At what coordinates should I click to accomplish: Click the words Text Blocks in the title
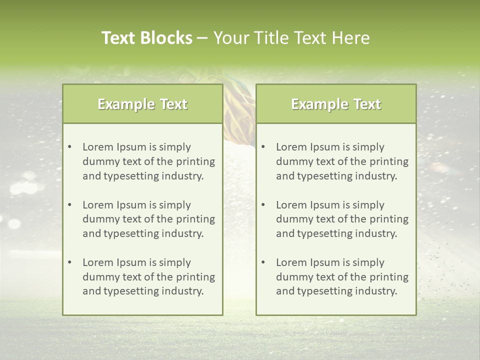tap(146, 38)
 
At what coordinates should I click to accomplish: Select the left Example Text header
tap(142, 104)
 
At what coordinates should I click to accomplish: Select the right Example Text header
tap(336, 104)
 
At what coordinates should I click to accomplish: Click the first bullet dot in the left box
tap(69, 147)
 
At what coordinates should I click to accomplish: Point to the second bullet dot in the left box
tap(69, 205)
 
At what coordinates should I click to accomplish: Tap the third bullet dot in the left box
tap(69, 262)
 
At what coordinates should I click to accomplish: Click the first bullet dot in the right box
tap(263, 147)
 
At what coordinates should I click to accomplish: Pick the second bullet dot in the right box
tap(263, 205)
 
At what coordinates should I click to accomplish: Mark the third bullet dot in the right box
tap(263, 262)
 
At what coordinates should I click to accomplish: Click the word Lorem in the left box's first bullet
tap(97, 147)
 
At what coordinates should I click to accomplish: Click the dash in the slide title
tap(202, 38)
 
